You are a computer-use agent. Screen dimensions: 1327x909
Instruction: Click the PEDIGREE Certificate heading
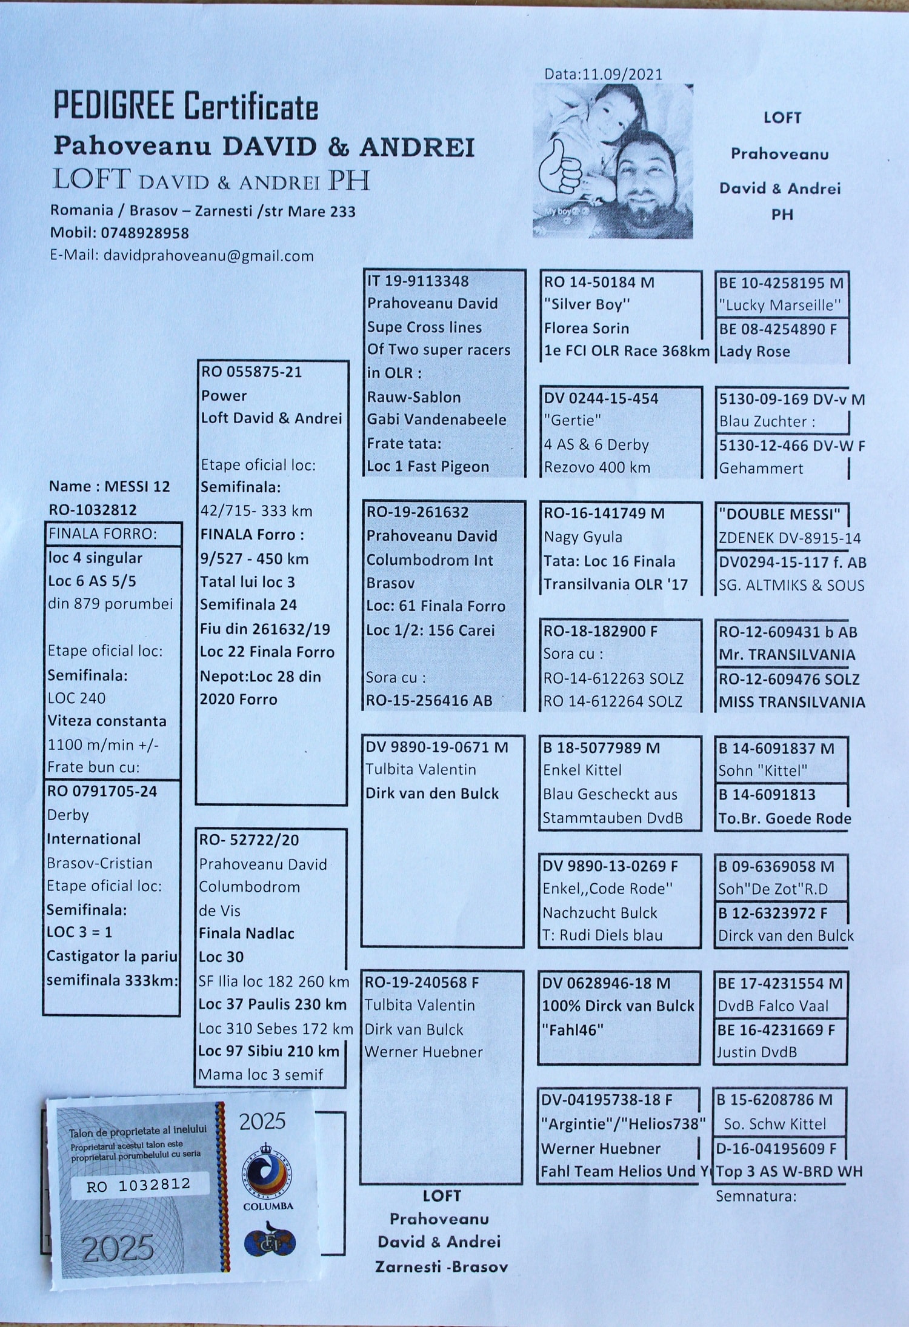coord(185,106)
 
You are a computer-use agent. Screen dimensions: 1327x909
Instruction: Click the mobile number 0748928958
coord(145,233)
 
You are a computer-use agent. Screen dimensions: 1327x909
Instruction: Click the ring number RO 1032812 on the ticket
coord(139,1185)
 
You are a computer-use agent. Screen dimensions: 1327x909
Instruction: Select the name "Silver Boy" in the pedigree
coord(587,305)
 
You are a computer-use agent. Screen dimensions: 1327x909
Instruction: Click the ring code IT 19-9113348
coord(418,281)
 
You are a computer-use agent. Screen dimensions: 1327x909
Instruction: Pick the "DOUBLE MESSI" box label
coord(779,515)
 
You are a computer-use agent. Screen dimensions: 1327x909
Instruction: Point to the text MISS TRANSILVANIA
coord(791,702)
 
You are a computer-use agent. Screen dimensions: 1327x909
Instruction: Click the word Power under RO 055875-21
coord(224,395)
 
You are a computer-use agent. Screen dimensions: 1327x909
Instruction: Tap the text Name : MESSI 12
coord(110,486)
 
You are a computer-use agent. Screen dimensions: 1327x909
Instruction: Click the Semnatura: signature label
coord(756,1196)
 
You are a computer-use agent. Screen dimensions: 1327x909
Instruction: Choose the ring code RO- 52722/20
coord(249,840)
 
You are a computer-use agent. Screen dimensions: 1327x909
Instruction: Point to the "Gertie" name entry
coord(572,421)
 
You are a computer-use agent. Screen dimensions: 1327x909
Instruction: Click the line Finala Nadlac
coord(247,934)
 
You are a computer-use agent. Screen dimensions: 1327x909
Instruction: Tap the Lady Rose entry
coord(754,352)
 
